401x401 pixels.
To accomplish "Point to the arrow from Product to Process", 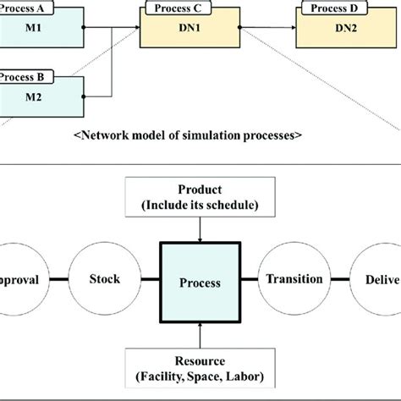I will pyautogui.click(x=200, y=227).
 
